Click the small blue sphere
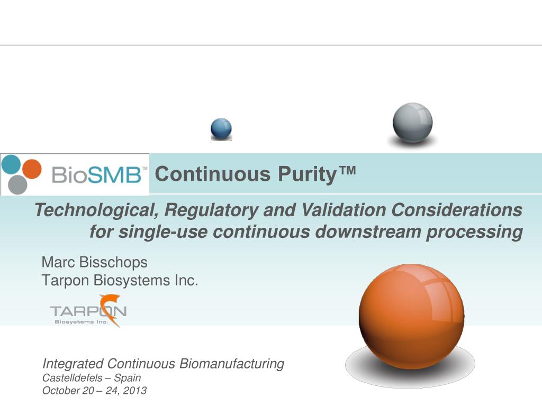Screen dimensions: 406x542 [x=221, y=128]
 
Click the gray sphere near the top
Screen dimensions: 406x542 [x=412, y=123]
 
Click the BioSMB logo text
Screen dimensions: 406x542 [x=98, y=174]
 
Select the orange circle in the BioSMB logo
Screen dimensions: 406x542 [x=32, y=169]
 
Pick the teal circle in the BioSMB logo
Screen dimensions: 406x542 [x=11, y=164]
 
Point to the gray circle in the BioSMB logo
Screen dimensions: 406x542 [x=17, y=184]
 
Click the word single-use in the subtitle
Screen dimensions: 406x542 [x=159, y=232]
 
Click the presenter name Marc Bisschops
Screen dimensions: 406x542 [x=94, y=262]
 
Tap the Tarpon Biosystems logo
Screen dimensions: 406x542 [x=88, y=311]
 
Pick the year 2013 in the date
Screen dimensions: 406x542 [x=136, y=391]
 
